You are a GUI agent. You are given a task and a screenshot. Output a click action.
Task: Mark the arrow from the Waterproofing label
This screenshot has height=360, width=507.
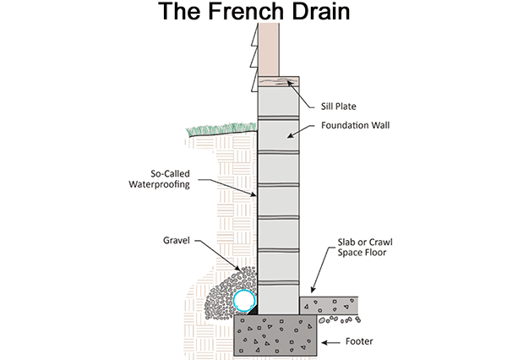229,187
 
